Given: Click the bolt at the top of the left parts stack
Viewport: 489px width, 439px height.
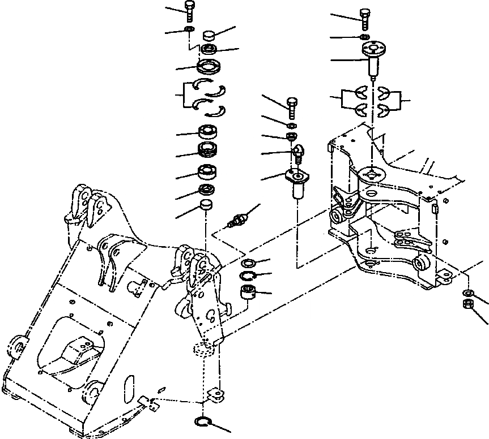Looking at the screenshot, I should click(189, 10).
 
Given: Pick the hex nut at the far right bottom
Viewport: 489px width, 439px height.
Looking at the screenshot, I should click(468, 305).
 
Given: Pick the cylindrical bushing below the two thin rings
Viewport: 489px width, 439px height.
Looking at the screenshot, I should click(248, 293).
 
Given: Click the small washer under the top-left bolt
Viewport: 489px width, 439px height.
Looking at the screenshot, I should click(189, 29).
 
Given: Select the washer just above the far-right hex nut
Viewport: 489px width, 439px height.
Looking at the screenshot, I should click(467, 292).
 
